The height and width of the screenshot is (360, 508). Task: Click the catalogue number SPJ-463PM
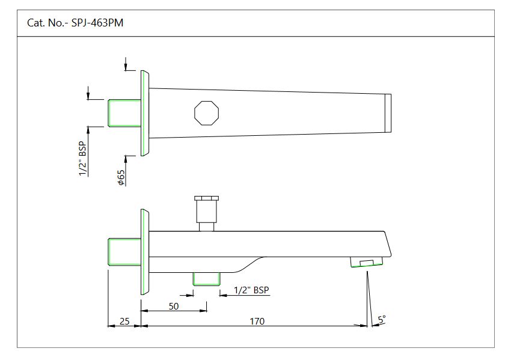click(76, 23)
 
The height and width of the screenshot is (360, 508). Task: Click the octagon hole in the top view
click(207, 112)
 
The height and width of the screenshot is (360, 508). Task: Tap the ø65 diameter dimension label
click(121, 177)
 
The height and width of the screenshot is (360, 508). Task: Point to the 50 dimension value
click(174, 306)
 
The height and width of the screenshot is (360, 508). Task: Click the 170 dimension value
click(257, 321)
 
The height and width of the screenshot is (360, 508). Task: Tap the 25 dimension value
click(124, 321)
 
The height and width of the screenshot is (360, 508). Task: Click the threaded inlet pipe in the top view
click(124, 113)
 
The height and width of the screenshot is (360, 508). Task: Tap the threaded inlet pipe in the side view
click(124, 251)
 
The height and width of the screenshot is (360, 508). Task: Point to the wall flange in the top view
click(145, 113)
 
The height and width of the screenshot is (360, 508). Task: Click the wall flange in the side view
click(145, 251)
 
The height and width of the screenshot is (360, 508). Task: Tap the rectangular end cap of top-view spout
click(388, 113)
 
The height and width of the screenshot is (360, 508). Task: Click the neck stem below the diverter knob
click(207, 226)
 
